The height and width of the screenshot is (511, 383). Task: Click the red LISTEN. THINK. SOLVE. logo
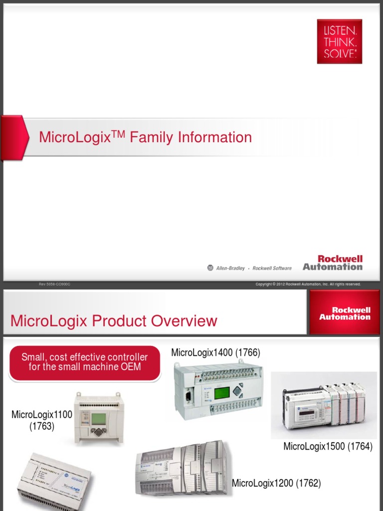[x=339, y=41]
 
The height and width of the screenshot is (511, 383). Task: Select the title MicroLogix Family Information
[x=145, y=137]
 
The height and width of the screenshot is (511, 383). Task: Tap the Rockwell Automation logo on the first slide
[x=332, y=263]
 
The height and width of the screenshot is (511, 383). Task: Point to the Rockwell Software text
[x=272, y=268]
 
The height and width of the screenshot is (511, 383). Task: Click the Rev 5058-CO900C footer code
[x=55, y=284]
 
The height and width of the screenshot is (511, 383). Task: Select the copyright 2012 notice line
[x=308, y=284]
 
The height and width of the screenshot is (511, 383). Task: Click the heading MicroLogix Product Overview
[x=114, y=321]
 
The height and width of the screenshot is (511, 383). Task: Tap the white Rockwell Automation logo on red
[x=345, y=313]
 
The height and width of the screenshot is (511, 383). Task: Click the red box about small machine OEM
[x=84, y=362]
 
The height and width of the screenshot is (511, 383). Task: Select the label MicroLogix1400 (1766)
[x=215, y=353]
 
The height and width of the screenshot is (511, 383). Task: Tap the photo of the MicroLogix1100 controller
[x=96, y=418]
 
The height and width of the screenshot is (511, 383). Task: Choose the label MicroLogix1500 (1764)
[x=328, y=447]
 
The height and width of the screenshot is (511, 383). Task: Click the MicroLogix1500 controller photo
[x=324, y=405]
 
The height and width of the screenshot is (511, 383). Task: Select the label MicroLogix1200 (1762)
[x=276, y=483]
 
